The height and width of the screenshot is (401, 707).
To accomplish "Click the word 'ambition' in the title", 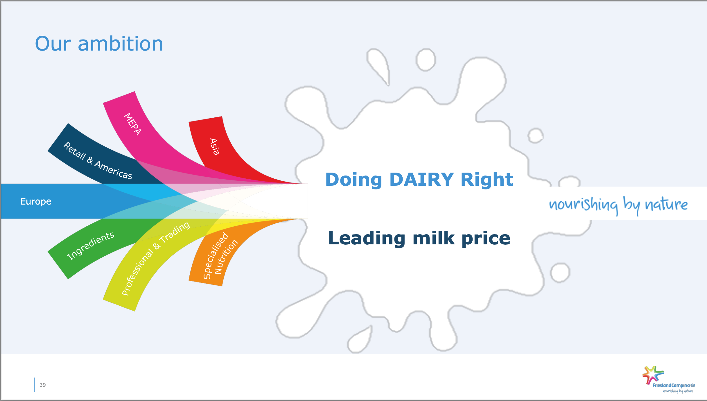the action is click(121, 44).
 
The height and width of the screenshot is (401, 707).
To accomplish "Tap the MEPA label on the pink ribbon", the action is click(132, 124).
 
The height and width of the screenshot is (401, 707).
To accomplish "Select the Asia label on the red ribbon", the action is click(214, 147).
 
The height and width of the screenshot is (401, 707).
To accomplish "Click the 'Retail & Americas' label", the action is click(98, 161).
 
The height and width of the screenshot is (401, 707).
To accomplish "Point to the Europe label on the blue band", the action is click(36, 201).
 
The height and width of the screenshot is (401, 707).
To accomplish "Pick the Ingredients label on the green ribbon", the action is click(91, 246).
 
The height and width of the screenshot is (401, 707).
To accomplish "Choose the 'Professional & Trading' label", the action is click(156, 258).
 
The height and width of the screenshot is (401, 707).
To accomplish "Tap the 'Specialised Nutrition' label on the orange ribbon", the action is click(220, 256).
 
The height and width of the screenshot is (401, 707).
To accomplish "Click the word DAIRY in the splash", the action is click(421, 179).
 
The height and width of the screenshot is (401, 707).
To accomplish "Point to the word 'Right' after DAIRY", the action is click(487, 179).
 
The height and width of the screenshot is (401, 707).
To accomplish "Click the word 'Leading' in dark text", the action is click(367, 239).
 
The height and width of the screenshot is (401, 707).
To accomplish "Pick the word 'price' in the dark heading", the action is click(486, 239).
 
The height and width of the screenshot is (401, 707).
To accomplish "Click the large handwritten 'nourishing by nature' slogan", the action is click(618, 205).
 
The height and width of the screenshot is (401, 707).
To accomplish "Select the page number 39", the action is click(43, 385).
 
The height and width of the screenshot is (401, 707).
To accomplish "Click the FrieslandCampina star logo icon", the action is click(653, 375).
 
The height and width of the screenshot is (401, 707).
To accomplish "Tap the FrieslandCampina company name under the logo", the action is click(674, 386).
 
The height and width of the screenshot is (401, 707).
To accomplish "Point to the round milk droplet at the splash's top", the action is click(426, 60).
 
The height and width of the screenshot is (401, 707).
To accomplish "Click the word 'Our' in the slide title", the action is click(53, 44).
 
